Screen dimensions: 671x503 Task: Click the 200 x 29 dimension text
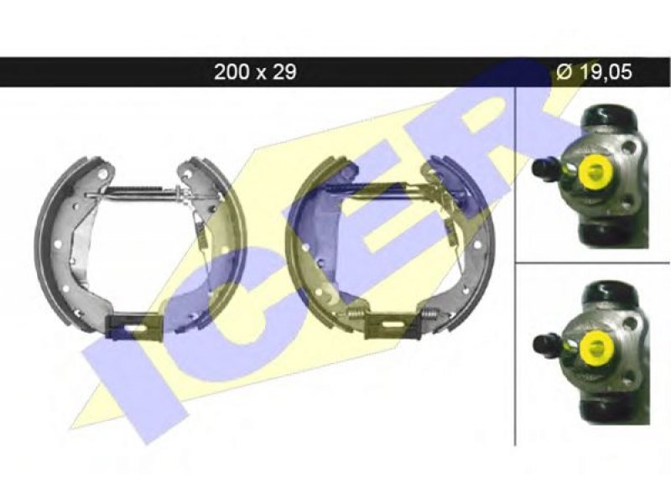tap(255, 72)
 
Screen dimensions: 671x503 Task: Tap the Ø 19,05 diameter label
tap(594, 72)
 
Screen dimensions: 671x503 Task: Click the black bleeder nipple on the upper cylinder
tap(544, 168)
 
